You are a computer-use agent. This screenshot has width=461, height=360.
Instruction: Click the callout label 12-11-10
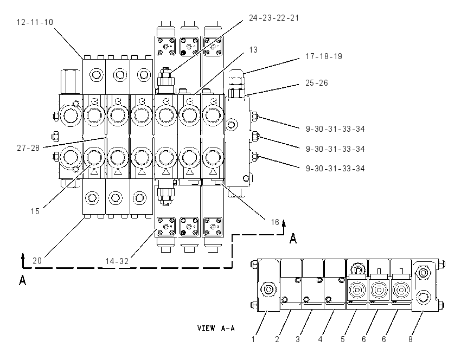tap(35, 22)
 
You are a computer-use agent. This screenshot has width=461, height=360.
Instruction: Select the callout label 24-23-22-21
tap(274, 18)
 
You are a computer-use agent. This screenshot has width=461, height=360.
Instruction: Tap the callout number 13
tap(253, 50)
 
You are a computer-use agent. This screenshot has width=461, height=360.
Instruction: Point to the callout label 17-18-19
tap(324, 56)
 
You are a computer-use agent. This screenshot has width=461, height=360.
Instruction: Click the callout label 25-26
tap(316, 83)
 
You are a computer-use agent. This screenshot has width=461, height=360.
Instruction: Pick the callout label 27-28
tap(28, 148)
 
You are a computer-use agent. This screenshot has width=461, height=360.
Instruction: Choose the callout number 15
tap(35, 211)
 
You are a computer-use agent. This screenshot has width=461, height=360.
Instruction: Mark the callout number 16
tap(275, 222)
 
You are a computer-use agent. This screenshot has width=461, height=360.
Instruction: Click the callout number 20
tap(37, 261)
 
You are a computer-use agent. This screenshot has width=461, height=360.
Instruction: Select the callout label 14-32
tap(117, 261)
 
